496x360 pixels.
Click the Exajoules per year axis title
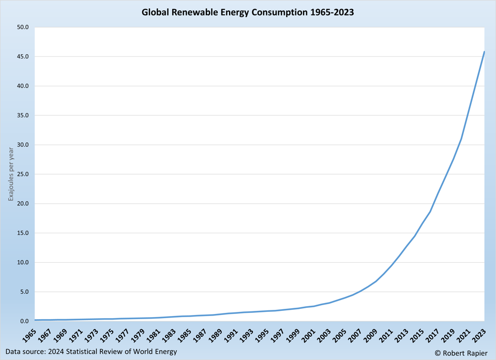click(11, 174)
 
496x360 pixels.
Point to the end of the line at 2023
click(484, 52)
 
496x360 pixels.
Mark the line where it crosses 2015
click(422, 223)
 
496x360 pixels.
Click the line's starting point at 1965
click(35, 320)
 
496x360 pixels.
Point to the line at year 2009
click(375, 281)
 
